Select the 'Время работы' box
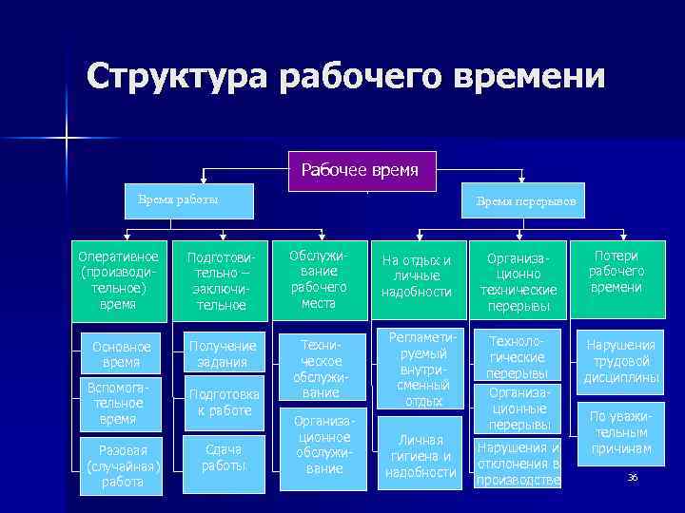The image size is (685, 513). coord(179,199)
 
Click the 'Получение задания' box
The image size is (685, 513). coord(221,353)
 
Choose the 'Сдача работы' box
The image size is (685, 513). coord(221,458)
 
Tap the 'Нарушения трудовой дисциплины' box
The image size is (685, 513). coord(622,362)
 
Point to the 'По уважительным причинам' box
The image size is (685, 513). coord(622,431)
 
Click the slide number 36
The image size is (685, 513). coord(632,476)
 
